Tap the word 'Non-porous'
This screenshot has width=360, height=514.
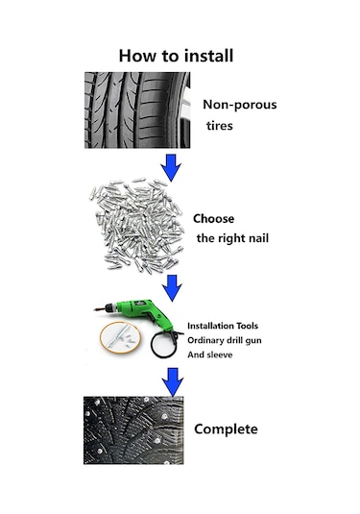(x=239, y=105)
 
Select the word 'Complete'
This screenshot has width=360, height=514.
(x=226, y=428)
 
